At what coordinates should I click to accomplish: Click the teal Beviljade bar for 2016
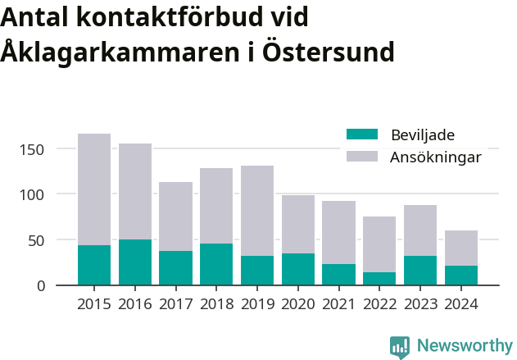coord(135,262)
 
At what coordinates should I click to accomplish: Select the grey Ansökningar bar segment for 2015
coord(94,189)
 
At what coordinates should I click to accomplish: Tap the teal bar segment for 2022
coord(379,279)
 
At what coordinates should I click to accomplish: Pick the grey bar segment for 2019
coord(257,211)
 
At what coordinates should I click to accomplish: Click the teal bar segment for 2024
coord(460,276)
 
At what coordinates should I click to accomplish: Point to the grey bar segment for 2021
coord(338,232)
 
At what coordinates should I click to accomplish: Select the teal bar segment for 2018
coord(216,264)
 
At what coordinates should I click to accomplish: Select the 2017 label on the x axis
coord(175,304)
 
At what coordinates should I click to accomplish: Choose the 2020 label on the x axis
coord(298,304)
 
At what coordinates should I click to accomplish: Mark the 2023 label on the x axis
coord(420,304)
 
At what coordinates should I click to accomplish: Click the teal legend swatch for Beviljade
coord(362,134)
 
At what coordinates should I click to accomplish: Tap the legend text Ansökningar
coord(435,157)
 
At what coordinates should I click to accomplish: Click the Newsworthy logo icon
coord(400,347)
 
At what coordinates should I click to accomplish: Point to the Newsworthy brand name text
coord(464,346)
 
